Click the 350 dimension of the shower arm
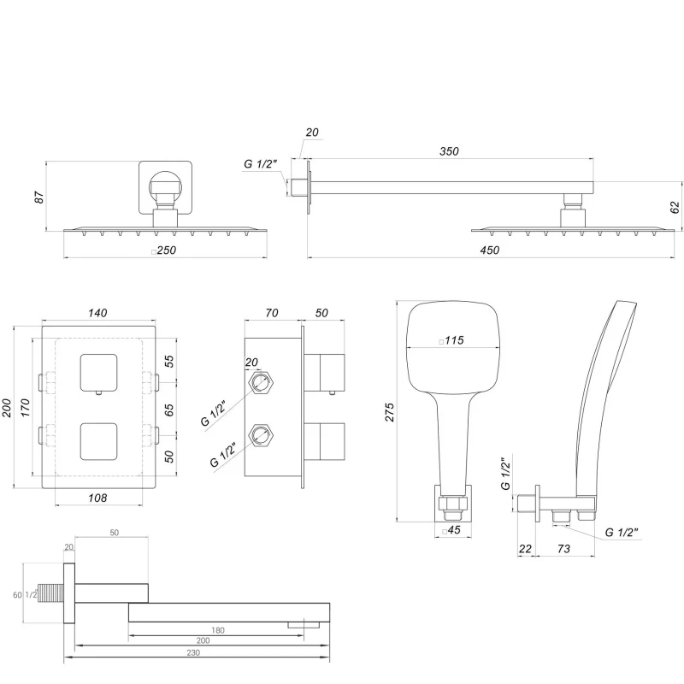[448, 151]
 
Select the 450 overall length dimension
[489, 250]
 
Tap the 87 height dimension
[38, 198]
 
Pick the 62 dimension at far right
[675, 207]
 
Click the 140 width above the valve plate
[97, 314]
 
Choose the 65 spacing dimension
[168, 410]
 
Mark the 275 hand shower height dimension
[391, 410]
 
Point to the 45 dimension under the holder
[452, 530]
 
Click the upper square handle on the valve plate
[98, 371]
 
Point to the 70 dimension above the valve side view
[272, 314]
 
